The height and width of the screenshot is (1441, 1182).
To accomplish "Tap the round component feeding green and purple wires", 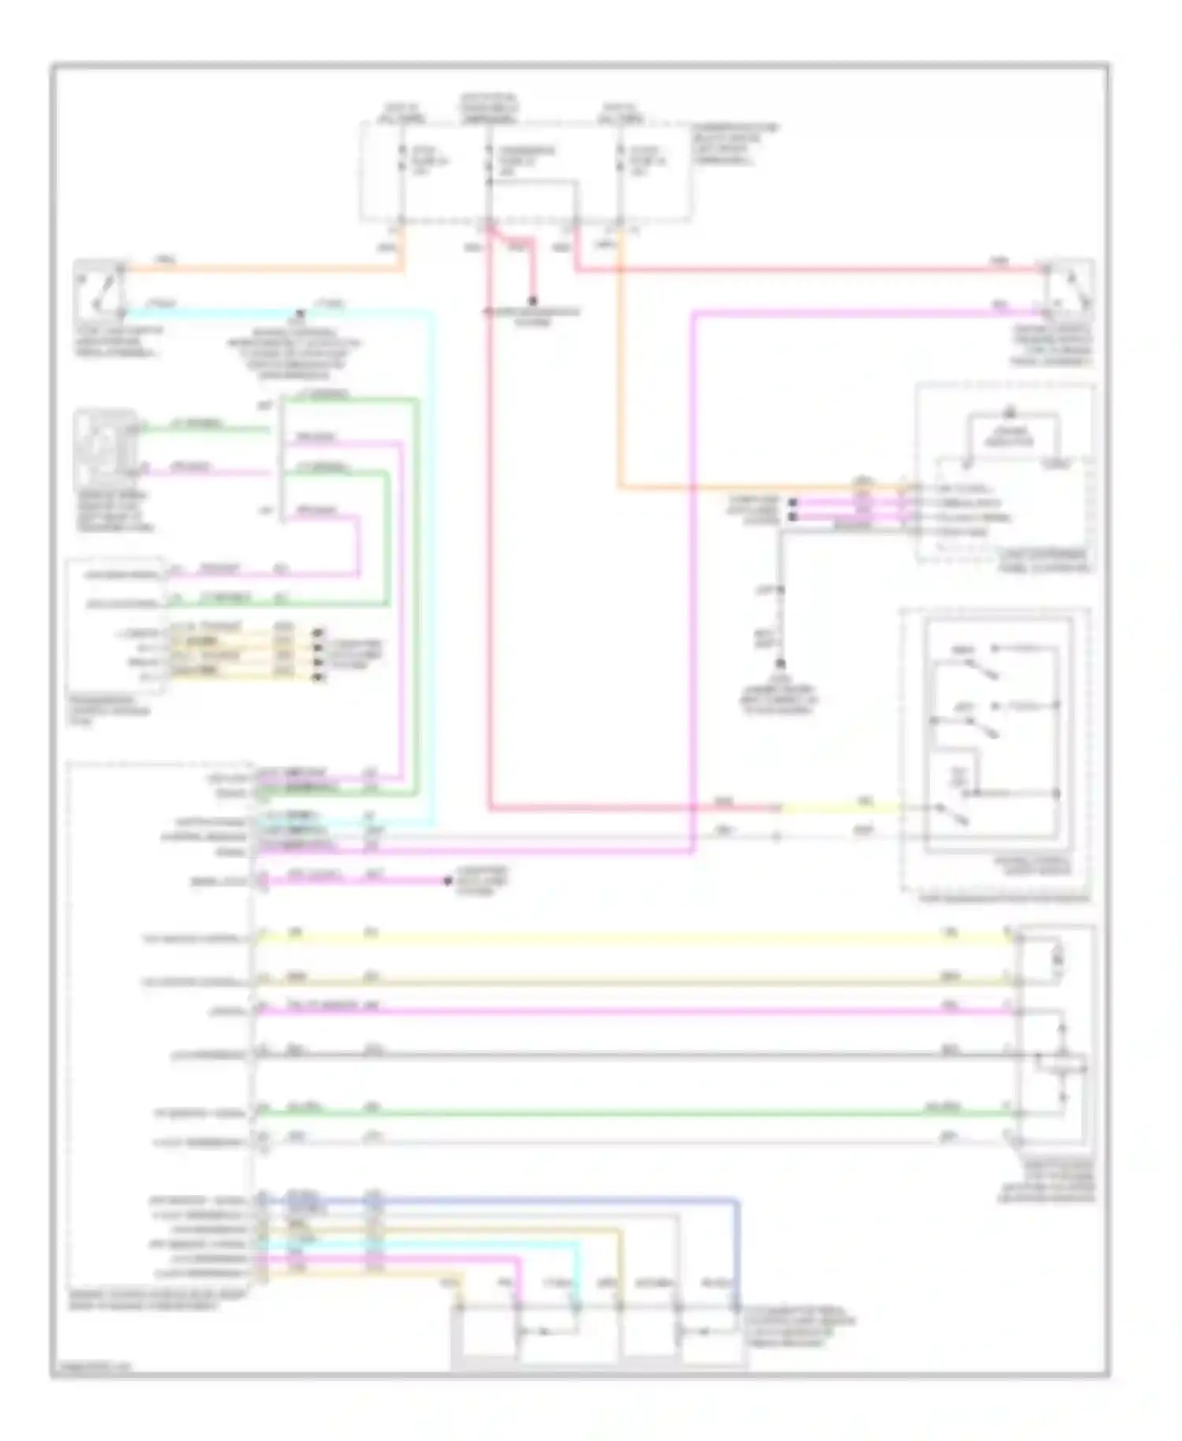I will tap(106, 448).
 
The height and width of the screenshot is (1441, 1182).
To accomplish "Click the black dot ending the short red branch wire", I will tap(533, 301).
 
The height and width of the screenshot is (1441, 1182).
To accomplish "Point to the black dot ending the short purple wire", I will tap(448, 881).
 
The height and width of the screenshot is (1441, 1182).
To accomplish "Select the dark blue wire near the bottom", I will tap(552, 1201).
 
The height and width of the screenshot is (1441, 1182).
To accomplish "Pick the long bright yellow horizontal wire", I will tap(630, 938).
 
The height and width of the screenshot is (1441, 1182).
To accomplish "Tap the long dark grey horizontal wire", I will tap(630, 1055).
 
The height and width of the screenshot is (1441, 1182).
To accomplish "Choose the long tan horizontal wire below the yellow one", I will tap(630, 982).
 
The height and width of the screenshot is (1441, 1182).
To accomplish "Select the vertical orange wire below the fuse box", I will tap(619, 355).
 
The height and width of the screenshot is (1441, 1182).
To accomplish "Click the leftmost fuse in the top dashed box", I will tap(402, 162).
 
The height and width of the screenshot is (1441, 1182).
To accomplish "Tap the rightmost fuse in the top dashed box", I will tap(621, 162).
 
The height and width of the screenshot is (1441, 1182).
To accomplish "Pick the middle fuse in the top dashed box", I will tap(489, 162).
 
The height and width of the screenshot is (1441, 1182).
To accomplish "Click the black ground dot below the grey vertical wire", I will tap(781, 664).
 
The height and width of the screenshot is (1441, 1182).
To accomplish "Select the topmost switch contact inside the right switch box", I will tap(981, 670).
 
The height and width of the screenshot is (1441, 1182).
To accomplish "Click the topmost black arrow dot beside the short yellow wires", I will tap(318, 633).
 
